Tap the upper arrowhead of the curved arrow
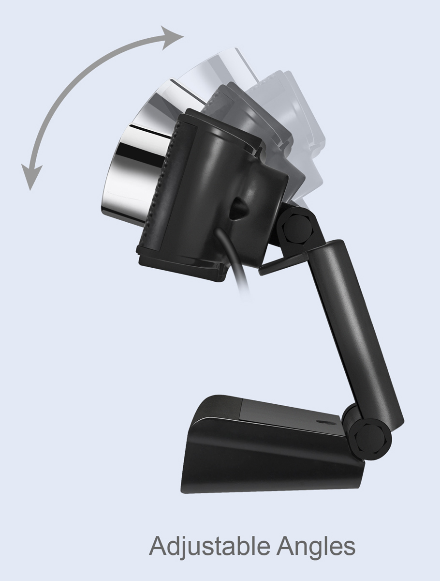pos(175,36)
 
